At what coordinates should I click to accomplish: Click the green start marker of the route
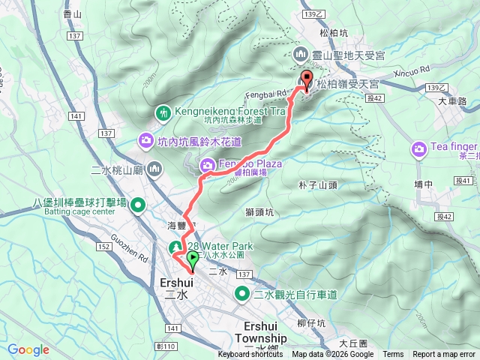[193, 260]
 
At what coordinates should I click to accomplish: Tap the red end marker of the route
[306, 82]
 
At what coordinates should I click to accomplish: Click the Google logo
[28, 349]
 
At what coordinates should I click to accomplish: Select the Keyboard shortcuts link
[250, 355]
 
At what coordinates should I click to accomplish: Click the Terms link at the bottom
[393, 355]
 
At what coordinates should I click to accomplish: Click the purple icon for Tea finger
[418, 150]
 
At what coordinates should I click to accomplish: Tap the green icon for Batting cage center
[138, 204]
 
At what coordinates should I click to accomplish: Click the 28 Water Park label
[220, 246]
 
